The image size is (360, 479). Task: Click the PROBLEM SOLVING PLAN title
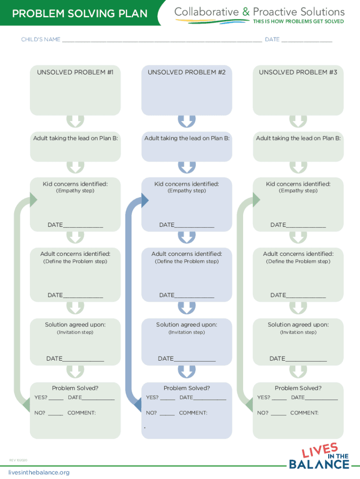(79, 14)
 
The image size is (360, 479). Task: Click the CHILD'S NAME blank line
(161, 41)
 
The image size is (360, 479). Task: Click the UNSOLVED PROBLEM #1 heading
(75, 72)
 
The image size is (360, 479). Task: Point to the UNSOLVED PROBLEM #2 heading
(187, 72)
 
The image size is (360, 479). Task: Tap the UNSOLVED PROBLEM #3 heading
(298, 72)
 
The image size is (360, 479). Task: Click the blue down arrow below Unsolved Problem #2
(187, 122)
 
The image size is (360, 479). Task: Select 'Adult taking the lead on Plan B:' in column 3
(298, 138)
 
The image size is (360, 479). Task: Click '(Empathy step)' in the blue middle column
(187, 191)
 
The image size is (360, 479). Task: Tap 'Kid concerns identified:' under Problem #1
(75, 184)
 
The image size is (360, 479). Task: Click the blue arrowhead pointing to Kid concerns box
(144, 201)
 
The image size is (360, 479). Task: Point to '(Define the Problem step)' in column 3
(298, 261)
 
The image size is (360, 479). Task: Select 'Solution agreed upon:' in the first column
(75, 325)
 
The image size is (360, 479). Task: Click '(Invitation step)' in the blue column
(187, 332)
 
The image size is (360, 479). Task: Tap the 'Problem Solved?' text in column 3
(298, 388)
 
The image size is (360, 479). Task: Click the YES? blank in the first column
(56, 399)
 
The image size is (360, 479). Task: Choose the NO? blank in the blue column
(167, 414)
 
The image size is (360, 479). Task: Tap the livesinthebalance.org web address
(39, 472)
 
